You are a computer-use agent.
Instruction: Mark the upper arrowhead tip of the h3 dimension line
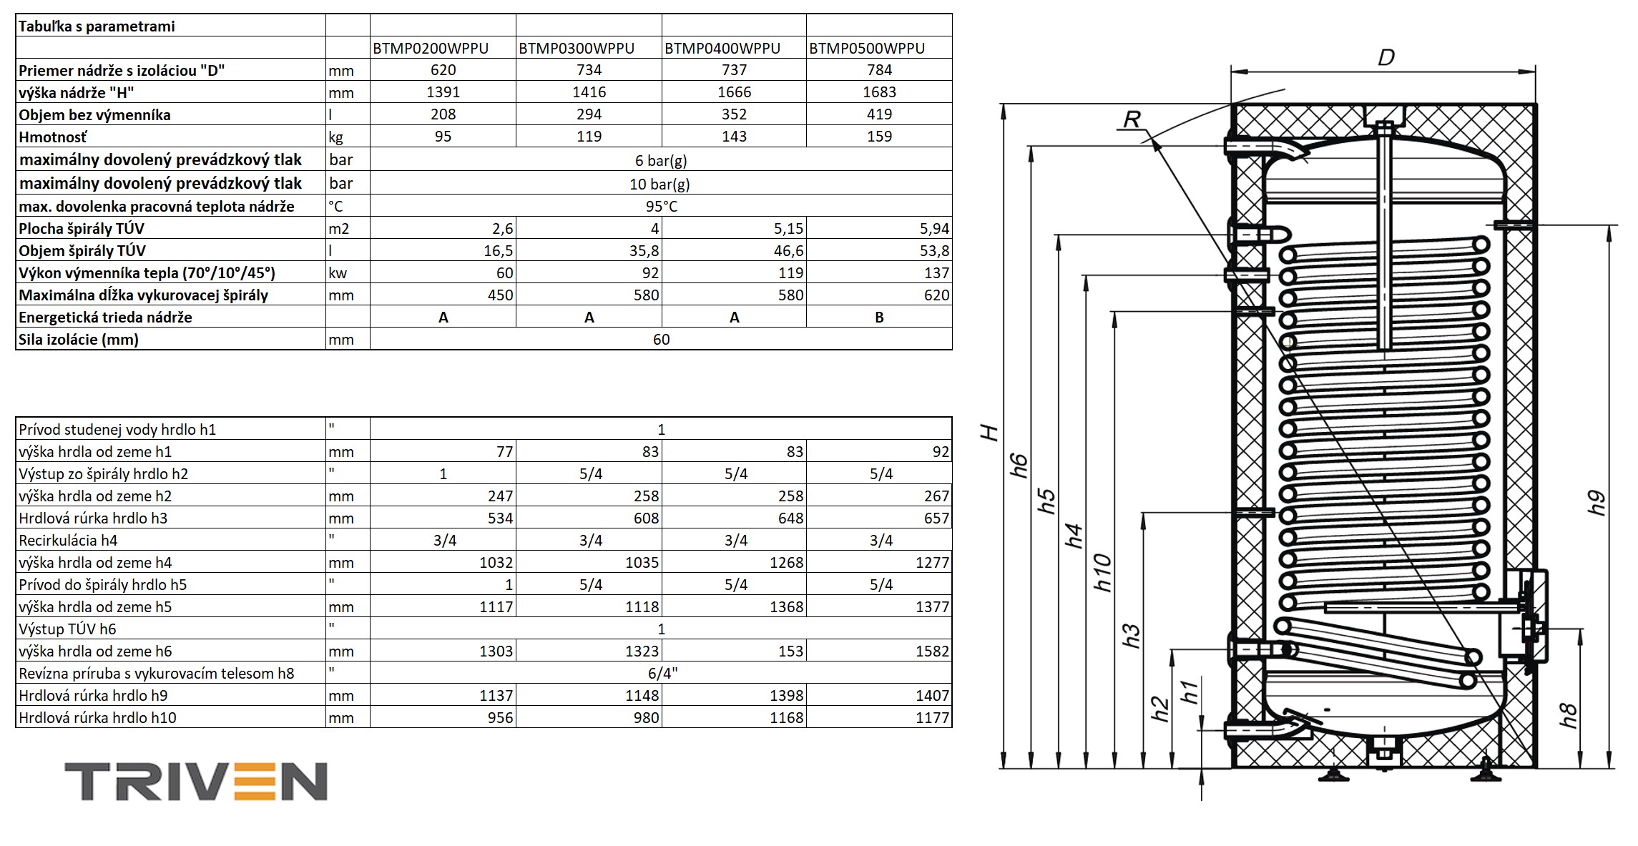(1143, 513)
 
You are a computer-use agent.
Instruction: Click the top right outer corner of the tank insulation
(1536, 104)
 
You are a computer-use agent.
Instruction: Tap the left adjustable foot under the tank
(1331, 774)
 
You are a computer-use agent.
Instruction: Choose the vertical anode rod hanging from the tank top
(1385, 236)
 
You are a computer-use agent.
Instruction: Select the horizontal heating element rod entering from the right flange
(1423, 607)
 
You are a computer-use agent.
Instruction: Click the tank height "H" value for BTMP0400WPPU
(734, 92)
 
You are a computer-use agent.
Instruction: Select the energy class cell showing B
(879, 318)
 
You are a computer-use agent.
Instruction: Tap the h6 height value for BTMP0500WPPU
(932, 651)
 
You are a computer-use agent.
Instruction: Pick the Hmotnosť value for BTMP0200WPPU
(443, 137)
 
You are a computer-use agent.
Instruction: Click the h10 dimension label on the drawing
(1103, 572)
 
